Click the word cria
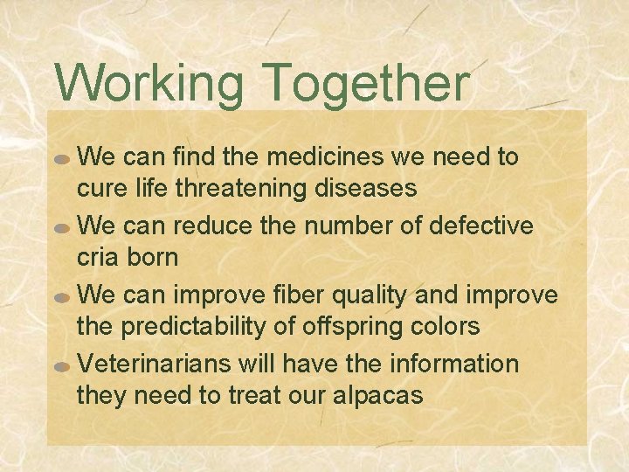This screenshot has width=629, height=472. [x=100, y=257]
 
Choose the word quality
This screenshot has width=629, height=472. [x=370, y=295]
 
